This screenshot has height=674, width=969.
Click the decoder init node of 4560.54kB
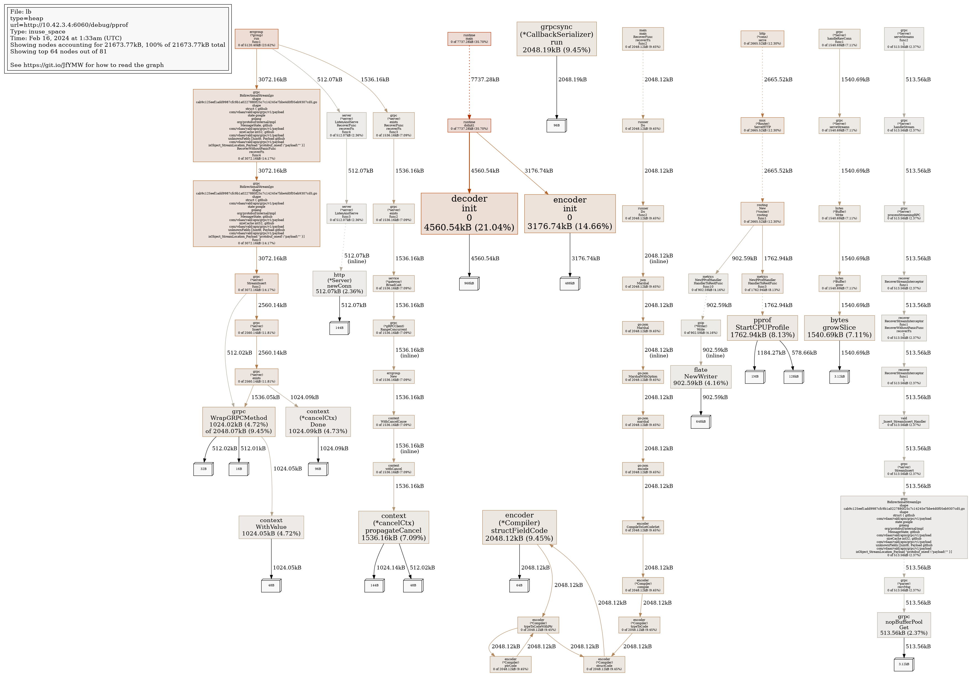click(469, 214)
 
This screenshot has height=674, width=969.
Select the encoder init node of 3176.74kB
click(570, 214)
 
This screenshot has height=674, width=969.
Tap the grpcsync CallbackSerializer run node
click(556, 39)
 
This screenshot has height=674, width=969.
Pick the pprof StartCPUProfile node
click(762, 327)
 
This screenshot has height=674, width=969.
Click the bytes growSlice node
click(839, 327)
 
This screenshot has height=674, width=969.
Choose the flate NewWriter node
click(700, 376)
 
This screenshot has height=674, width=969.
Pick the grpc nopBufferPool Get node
click(903, 624)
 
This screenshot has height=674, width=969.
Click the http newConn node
click(339, 283)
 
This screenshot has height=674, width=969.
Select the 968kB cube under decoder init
click(469, 283)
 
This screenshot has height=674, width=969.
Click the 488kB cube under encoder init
click(570, 283)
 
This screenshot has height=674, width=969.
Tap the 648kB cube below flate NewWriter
click(700, 421)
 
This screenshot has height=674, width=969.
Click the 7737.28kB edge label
click(485, 79)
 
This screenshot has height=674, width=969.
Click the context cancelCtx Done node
click(318, 421)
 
